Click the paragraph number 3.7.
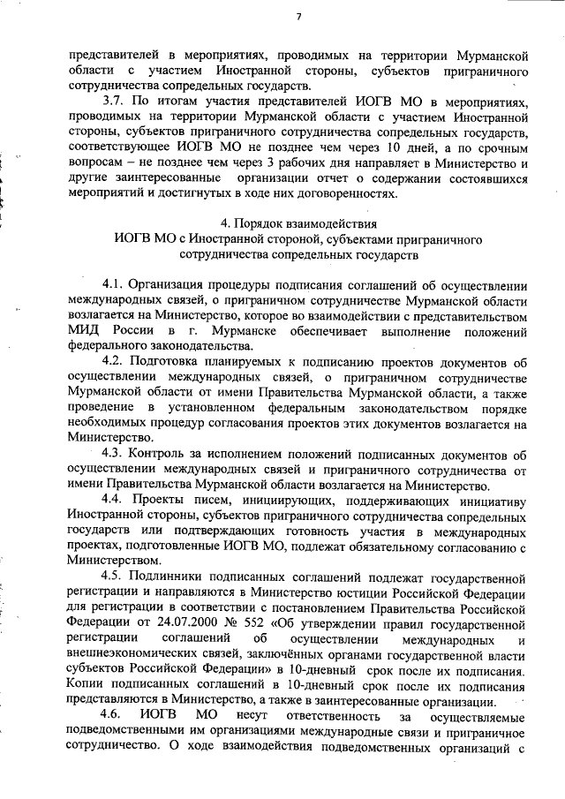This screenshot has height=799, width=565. click(115, 102)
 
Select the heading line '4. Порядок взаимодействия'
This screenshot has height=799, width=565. click(298, 222)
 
